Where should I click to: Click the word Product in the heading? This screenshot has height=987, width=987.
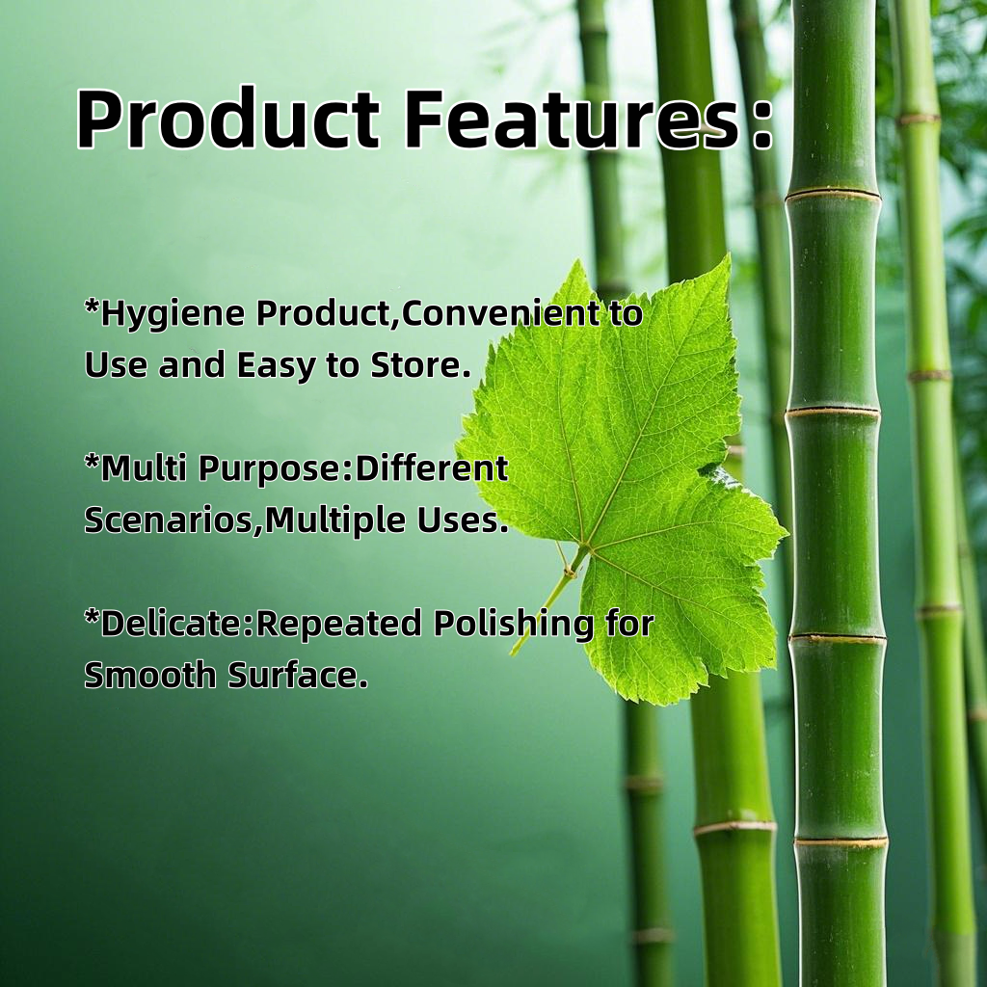coord(227,119)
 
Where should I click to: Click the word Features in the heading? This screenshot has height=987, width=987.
coord(572,119)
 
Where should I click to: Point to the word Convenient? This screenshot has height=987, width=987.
coord(500,313)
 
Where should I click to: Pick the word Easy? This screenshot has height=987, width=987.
coord(276,367)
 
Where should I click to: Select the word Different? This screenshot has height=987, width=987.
coord(431,468)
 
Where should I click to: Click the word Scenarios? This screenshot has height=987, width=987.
coord(170,520)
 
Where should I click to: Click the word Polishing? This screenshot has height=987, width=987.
coord(513,625)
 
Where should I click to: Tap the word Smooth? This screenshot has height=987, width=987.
coord(149,676)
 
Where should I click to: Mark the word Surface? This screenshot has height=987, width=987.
coord(297,676)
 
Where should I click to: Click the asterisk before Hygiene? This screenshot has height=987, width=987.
coord(92,307)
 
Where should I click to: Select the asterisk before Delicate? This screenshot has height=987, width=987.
coord(92,618)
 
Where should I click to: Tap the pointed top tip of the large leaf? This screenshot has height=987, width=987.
coord(731,255)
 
